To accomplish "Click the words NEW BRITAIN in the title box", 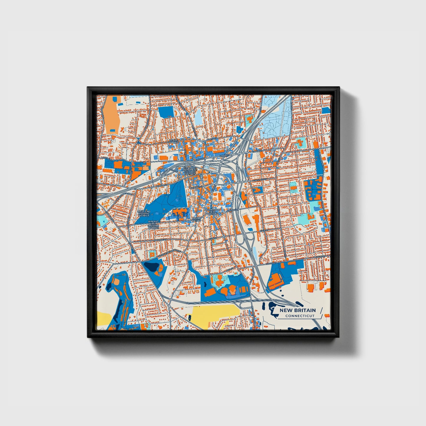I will pos(297,310).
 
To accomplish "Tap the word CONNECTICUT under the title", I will pos(300,316).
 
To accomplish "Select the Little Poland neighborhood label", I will pos(174,141).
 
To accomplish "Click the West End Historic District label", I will pos(144,213).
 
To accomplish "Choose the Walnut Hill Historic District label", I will pos(153,224).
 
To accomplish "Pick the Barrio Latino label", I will pos(196,219).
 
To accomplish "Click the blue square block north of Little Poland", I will pos(166,112).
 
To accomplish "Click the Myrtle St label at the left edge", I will pos(105,158).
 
